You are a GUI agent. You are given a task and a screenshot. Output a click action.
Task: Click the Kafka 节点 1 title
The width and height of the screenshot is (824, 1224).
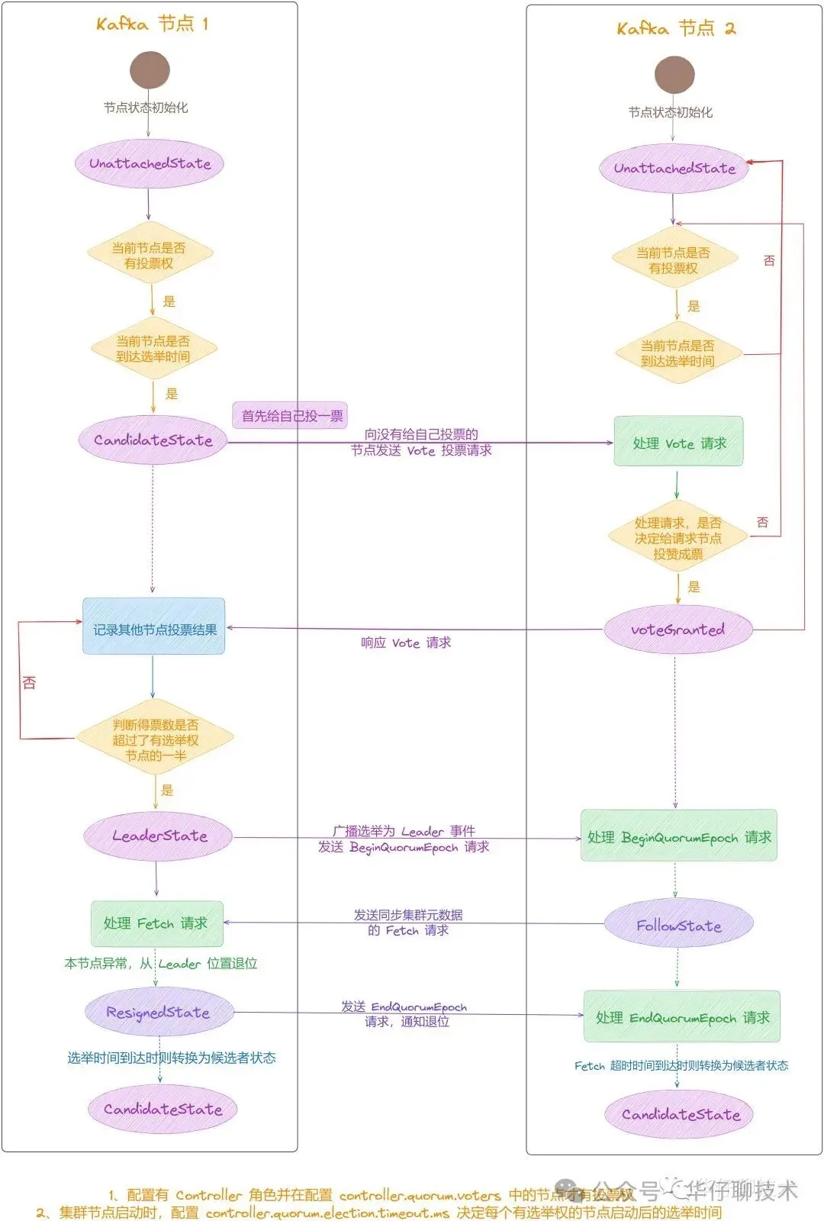pos(152,24)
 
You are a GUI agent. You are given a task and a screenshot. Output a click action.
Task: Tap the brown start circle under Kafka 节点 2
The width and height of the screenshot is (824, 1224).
pos(674,75)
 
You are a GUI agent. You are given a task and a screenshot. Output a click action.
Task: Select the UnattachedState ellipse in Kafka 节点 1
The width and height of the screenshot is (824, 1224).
pos(150,163)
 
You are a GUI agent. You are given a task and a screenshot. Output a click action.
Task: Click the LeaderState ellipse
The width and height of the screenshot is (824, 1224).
pos(159,836)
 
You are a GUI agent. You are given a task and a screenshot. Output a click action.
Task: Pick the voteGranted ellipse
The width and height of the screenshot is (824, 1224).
pos(678,630)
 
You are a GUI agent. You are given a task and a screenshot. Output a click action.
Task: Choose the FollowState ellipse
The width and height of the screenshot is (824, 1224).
pos(678,926)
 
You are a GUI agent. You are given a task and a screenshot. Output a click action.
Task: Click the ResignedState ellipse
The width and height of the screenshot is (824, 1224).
pos(158,1013)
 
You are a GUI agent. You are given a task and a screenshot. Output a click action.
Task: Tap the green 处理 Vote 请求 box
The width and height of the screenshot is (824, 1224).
pos(678,442)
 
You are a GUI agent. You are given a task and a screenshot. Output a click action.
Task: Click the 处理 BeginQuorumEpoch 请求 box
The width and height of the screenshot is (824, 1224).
pos(678,836)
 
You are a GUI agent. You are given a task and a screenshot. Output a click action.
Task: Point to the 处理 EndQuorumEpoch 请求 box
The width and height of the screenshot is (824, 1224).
pos(682,1016)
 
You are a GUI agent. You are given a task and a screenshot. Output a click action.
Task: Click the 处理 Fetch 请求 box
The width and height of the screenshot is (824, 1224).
pos(156,923)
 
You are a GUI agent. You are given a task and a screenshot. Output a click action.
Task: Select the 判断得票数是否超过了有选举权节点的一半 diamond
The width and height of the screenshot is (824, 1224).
pos(155,739)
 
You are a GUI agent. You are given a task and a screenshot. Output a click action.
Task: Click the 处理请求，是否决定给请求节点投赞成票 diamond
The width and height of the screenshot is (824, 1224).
pos(678,538)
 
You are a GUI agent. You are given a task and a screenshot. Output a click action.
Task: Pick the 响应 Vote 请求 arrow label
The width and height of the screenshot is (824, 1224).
pos(406,643)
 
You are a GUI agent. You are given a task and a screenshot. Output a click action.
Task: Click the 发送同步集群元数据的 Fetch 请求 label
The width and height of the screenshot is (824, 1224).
pos(408,922)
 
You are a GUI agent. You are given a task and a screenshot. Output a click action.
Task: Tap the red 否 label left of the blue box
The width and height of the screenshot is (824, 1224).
pos(29,682)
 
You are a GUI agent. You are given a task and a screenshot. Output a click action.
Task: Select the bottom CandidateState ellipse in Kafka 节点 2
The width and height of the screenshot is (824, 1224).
pos(680,1115)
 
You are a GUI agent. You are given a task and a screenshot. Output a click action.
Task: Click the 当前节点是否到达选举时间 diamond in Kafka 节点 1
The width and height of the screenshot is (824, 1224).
pos(153,349)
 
